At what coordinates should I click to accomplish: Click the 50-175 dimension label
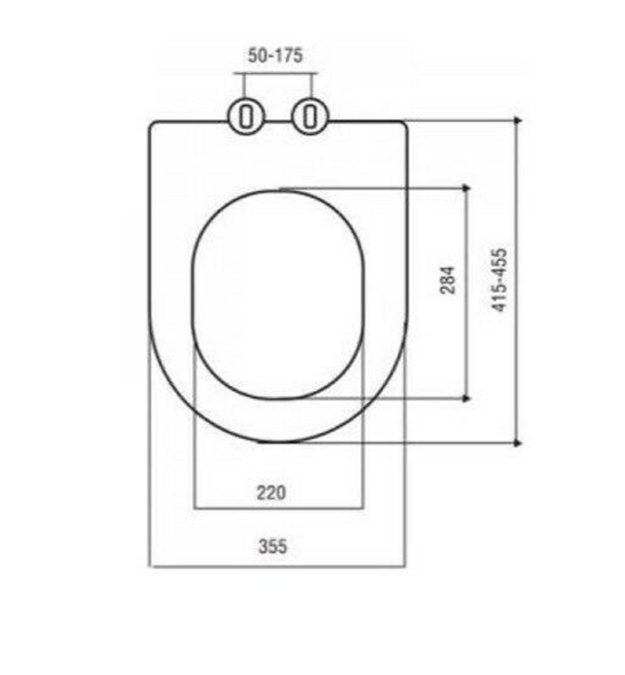pos(275,56)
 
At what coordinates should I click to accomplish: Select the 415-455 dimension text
pos(500,280)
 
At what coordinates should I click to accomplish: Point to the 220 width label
pos(271,493)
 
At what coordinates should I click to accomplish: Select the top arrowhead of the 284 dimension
pos(466,188)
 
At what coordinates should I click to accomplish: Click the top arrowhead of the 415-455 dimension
pos(517,120)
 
